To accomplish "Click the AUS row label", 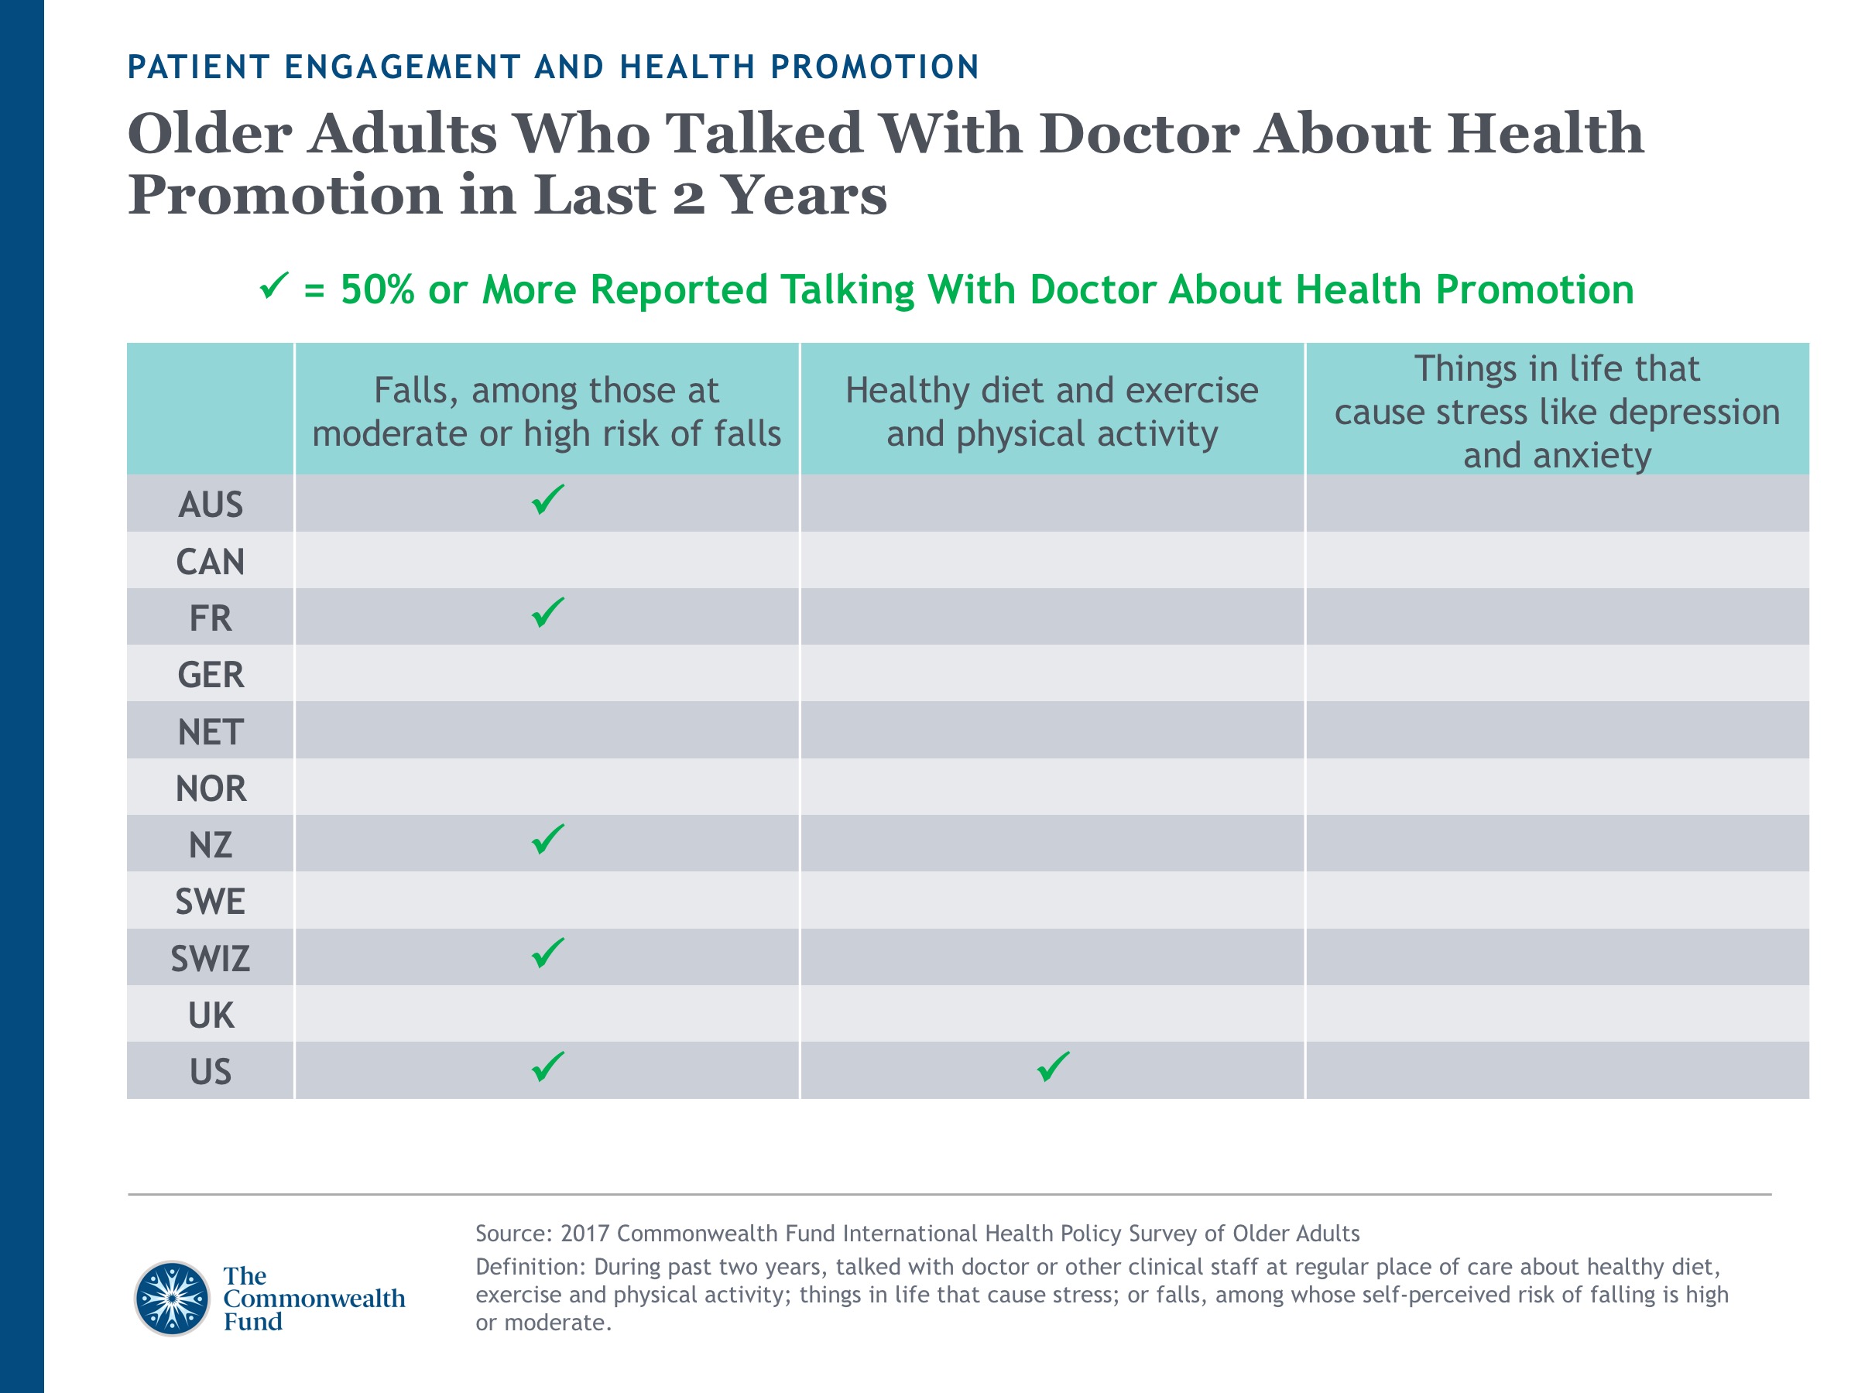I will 210,505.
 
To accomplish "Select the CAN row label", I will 210,562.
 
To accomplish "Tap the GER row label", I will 210,675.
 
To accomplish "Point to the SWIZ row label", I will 210,958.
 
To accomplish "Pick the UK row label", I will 210,1015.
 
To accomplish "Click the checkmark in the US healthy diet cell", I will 1052,1066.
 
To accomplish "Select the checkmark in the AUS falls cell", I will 547,500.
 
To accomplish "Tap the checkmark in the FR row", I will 547,613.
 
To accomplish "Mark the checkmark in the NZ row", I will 547,840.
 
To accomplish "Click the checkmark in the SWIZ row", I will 547,953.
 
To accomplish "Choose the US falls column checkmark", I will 547,1066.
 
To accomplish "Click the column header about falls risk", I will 547,412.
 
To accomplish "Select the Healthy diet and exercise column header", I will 1051,412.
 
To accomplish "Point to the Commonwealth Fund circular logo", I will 172,1298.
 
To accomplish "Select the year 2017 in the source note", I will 584,1234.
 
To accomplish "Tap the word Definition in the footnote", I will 528,1267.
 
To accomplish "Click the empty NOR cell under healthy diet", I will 1051,787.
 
